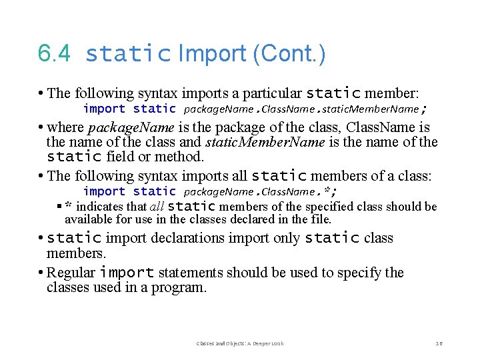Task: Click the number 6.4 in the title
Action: [x=54, y=53]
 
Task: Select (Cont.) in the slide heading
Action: [x=289, y=53]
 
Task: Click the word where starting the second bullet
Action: [x=65, y=127]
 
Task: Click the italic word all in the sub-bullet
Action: [x=157, y=207]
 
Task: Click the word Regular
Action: [x=71, y=273]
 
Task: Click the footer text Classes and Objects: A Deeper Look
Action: [x=240, y=343]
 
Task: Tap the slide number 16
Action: [x=439, y=343]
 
